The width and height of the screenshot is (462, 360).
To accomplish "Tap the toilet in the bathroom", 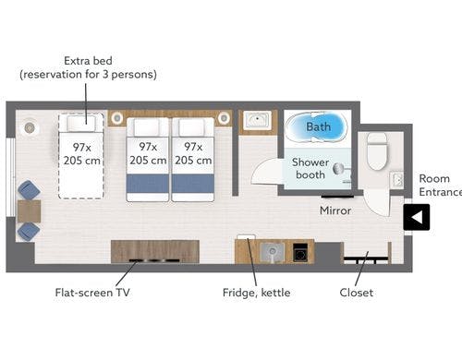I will point(377,150).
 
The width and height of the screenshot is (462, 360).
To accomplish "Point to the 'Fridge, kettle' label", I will point(256,294).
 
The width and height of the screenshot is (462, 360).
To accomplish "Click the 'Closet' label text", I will point(357,294).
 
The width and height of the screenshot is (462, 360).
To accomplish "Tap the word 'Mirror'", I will point(335,210).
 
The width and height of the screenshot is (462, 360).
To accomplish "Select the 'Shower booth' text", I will point(310,168).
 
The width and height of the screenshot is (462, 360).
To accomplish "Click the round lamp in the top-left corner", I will point(30,126).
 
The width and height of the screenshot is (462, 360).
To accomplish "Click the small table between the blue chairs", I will point(29,210).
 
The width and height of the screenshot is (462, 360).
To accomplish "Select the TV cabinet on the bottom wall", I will point(154,251).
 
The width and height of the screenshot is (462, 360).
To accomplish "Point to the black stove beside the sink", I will point(300,251).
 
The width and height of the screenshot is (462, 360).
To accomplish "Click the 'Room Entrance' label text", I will point(434,185).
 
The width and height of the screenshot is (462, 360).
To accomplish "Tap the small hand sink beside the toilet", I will point(397,179).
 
